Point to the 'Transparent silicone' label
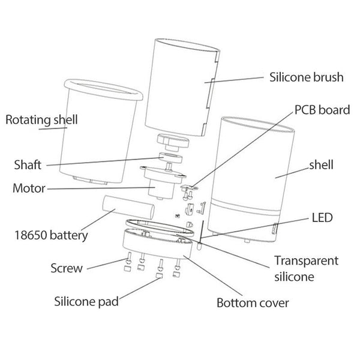click(x=306, y=269)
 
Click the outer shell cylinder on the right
click(x=252, y=180)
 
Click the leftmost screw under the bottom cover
click(x=127, y=263)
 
